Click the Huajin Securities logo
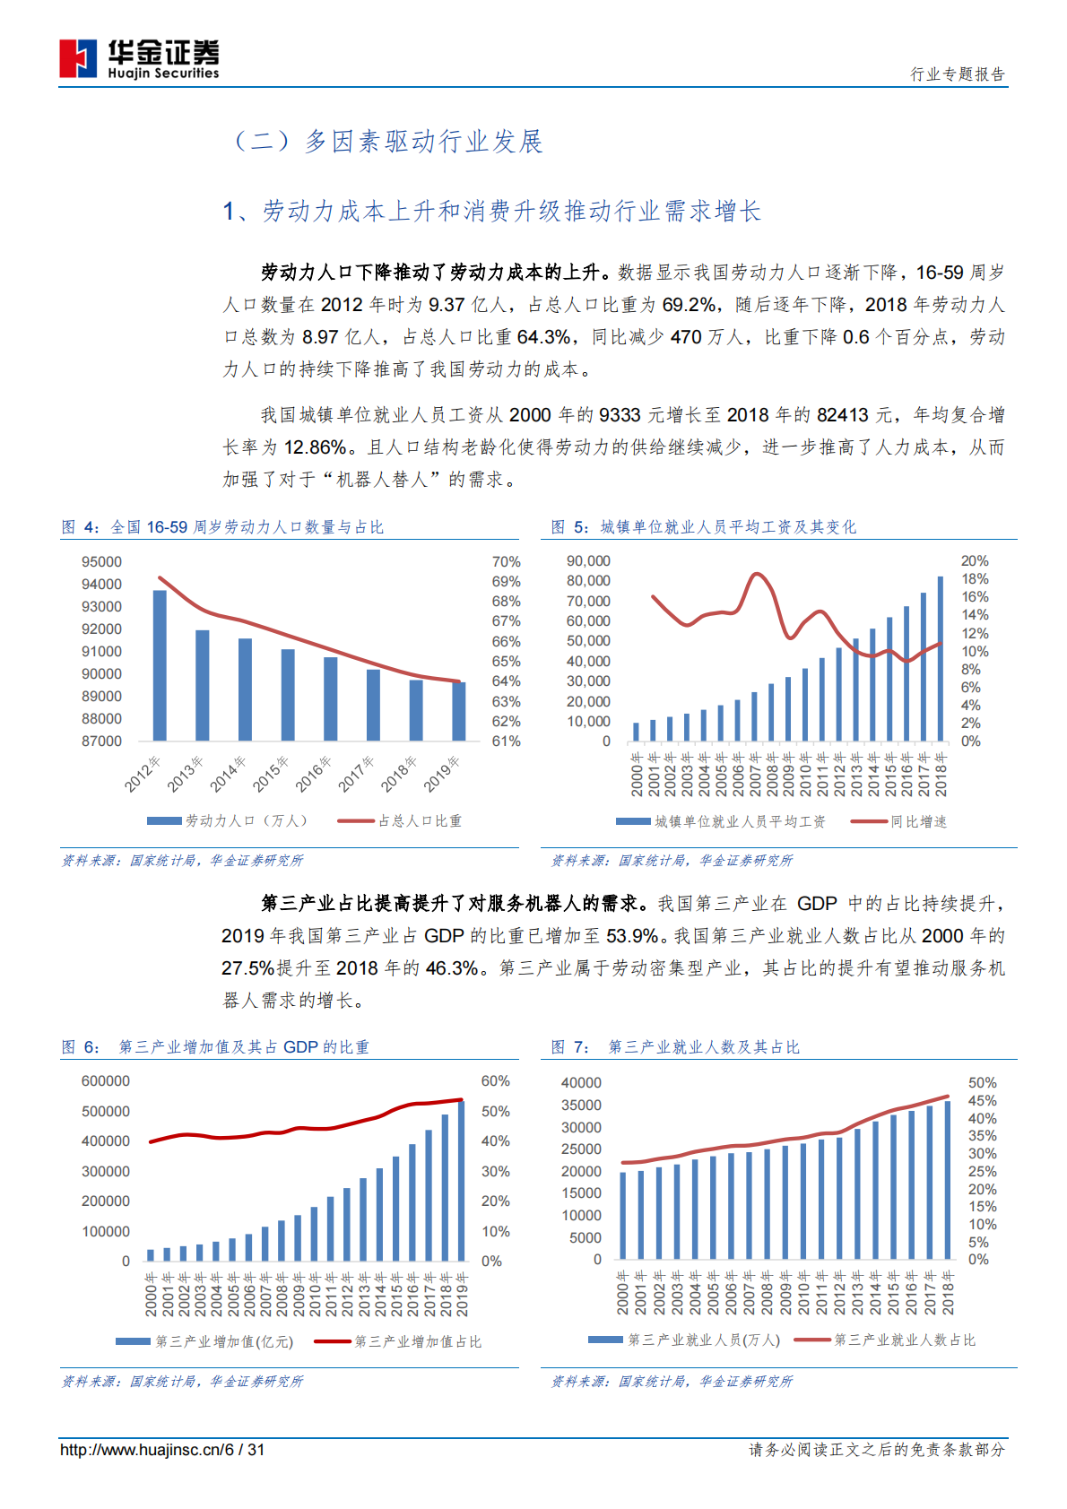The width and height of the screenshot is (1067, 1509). [x=139, y=58]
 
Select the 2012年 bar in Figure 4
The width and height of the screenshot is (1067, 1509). [x=160, y=664]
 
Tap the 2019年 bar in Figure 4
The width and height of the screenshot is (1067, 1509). [x=458, y=710]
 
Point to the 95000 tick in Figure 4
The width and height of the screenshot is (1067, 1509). [x=101, y=562]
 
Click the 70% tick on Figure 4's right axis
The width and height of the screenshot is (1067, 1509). [x=506, y=562]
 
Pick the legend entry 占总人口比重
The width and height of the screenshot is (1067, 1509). [x=419, y=820]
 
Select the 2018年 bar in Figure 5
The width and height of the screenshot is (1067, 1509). [x=941, y=658]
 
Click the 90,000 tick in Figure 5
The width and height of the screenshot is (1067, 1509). [x=588, y=561]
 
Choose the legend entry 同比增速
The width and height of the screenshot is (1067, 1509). [x=917, y=821]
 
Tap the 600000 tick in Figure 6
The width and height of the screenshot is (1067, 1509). [x=105, y=1081]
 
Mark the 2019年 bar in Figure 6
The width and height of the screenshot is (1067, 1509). [x=462, y=1180]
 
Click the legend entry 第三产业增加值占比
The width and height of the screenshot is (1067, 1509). [x=418, y=1341]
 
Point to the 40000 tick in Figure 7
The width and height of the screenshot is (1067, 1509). [x=581, y=1083]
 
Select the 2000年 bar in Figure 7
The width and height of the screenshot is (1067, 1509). [x=623, y=1215]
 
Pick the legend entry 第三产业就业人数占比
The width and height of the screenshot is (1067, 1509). [x=904, y=1340]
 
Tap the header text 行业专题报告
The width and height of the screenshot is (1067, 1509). [x=958, y=74]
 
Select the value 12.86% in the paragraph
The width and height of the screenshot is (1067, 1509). [x=316, y=447]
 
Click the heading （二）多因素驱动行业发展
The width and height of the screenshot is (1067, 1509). [x=387, y=142]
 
